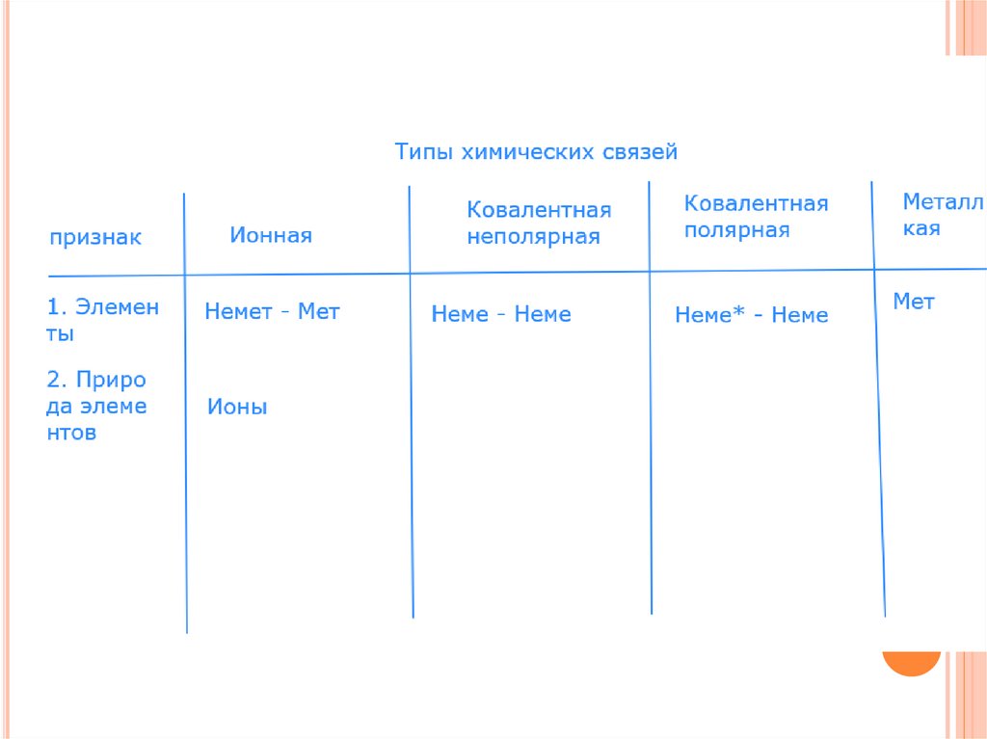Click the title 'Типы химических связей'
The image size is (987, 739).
(x=536, y=152)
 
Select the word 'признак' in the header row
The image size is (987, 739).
(x=95, y=238)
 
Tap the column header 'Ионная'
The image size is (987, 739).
(x=271, y=236)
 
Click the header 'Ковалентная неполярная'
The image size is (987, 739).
(x=539, y=224)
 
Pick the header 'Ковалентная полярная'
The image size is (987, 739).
(x=756, y=217)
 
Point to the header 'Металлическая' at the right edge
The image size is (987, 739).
(x=942, y=215)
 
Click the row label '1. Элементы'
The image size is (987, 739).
(x=103, y=320)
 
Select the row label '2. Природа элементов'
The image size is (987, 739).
(x=96, y=406)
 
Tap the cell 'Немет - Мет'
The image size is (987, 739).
(x=272, y=312)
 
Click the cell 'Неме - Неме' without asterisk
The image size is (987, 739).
(x=501, y=314)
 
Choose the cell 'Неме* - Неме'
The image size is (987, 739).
(x=751, y=315)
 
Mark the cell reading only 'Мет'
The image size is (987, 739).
(x=914, y=302)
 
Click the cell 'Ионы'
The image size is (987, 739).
(x=237, y=407)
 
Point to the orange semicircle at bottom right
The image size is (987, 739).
(x=911, y=663)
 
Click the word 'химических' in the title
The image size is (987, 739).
(x=528, y=152)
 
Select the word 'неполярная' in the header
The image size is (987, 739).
(x=533, y=237)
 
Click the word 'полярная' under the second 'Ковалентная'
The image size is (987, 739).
(x=736, y=230)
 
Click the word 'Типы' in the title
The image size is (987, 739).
(x=424, y=152)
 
